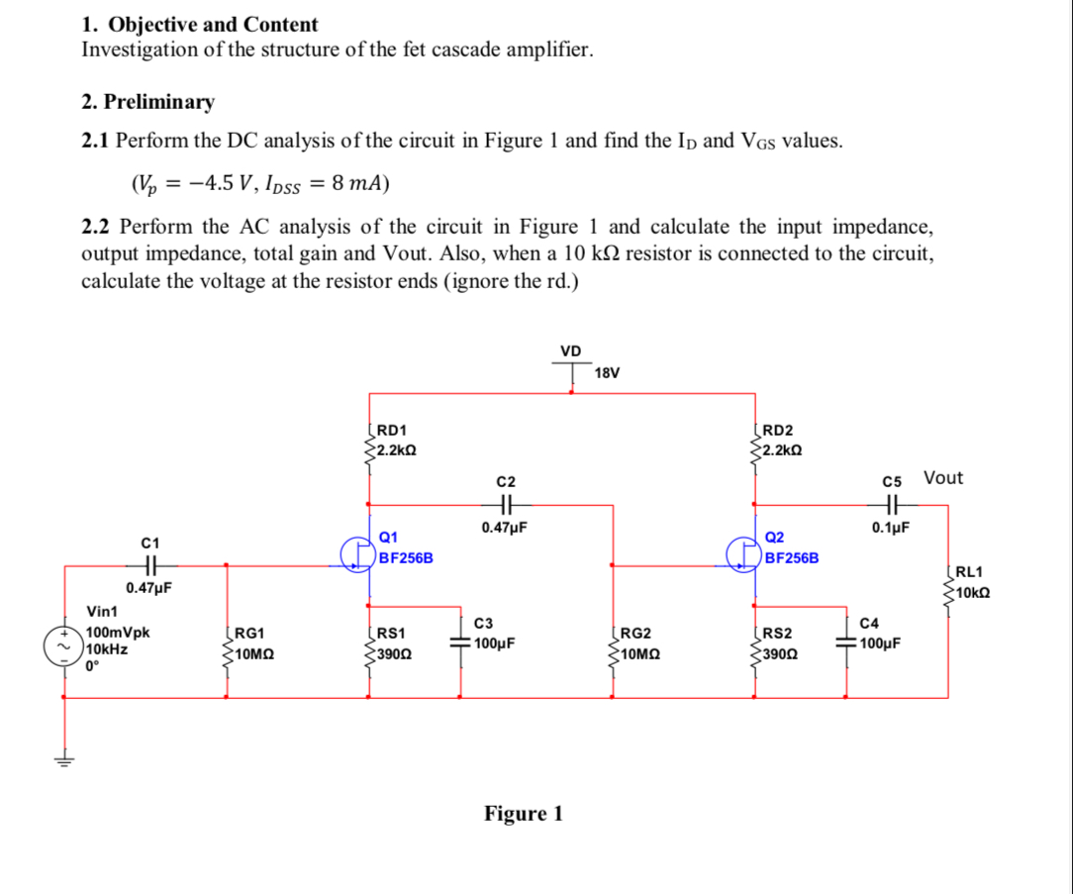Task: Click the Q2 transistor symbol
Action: click(742, 554)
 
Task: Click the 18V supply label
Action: click(607, 373)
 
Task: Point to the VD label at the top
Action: click(571, 350)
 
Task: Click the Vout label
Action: click(942, 478)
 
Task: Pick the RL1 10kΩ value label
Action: click(973, 593)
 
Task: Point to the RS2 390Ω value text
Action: click(779, 654)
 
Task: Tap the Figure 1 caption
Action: click(523, 814)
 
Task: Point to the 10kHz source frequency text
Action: click(107, 649)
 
